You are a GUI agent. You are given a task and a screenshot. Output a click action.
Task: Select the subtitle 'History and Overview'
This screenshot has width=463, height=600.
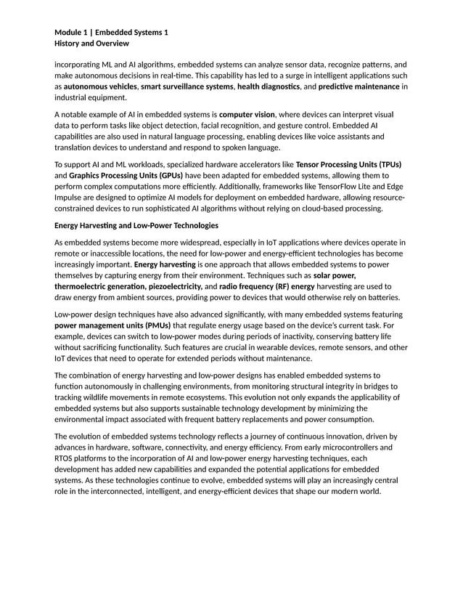pos(92,44)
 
